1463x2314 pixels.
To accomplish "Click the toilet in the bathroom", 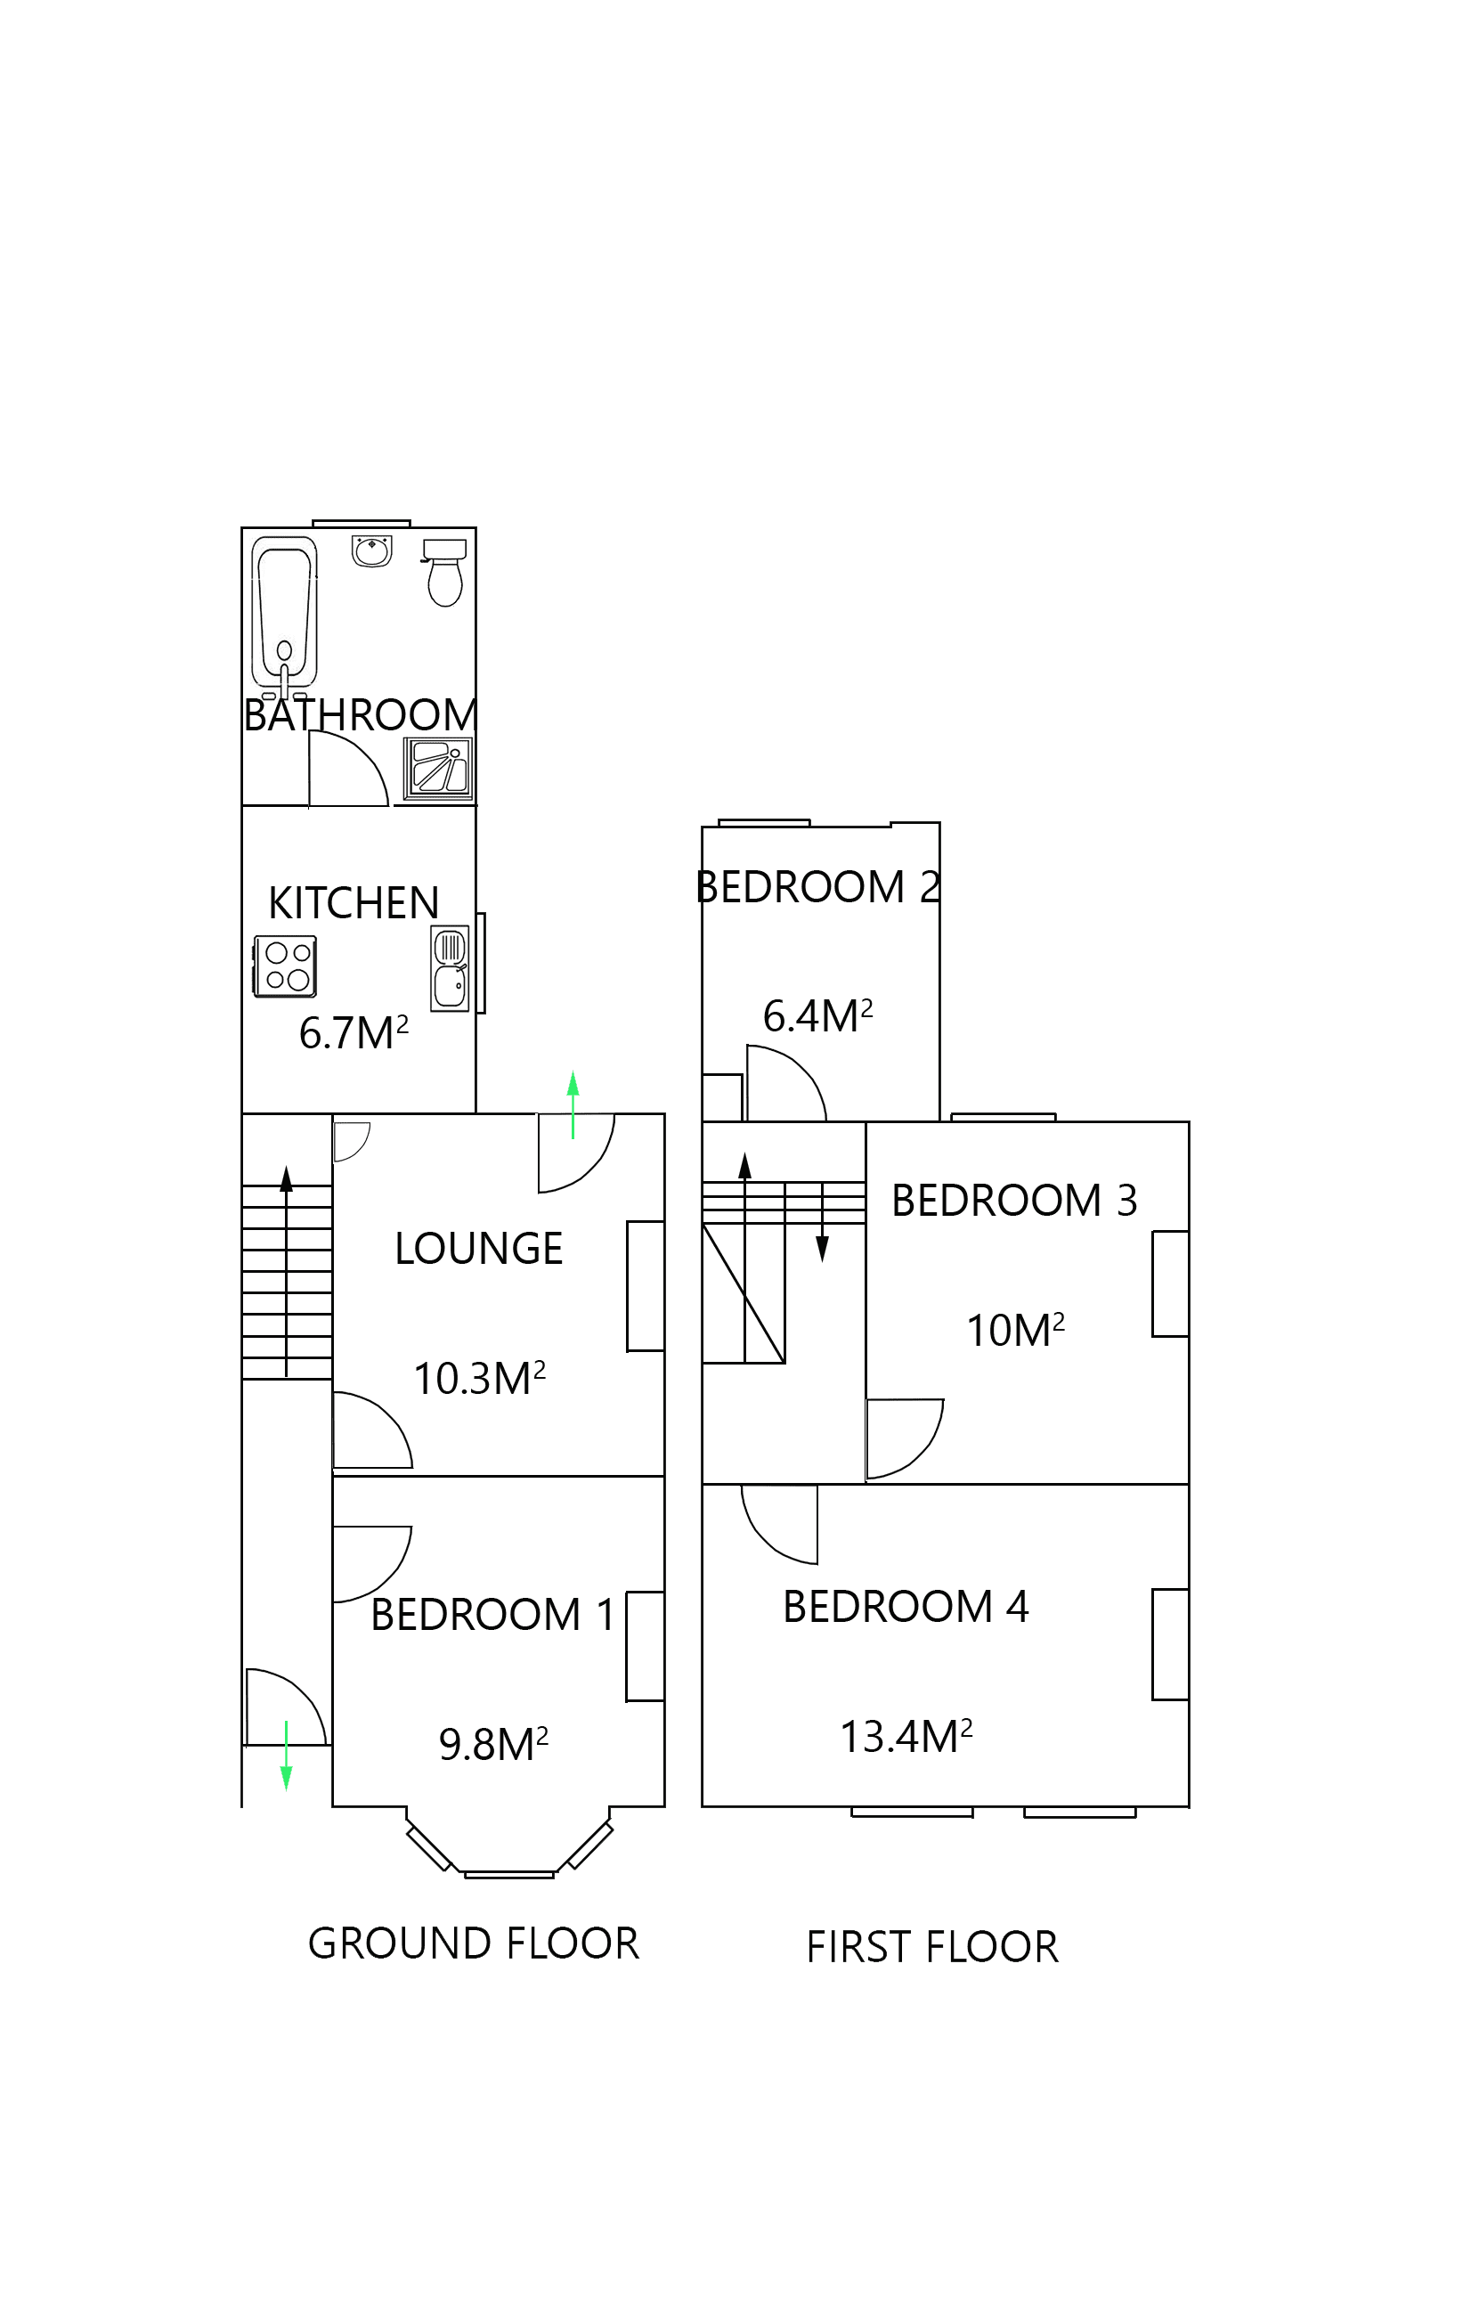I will click(x=444, y=574).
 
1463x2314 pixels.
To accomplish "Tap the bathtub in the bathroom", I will click(x=284, y=613).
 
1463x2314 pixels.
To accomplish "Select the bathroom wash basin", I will click(x=371, y=551).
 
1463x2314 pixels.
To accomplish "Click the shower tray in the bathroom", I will click(x=439, y=769).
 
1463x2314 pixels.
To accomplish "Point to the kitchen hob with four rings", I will click(x=286, y=966).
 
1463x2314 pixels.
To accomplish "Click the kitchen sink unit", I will click(x=451, y=967).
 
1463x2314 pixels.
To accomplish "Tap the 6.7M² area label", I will click(x=354, y=1034).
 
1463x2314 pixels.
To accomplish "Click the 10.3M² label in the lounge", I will click(x=479, y=1379).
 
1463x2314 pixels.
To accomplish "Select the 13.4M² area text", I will click(x=906, y=1738).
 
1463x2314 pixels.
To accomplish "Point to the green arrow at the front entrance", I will click(x=286, y=1756).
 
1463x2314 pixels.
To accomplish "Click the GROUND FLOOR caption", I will click(x=473, y=1944).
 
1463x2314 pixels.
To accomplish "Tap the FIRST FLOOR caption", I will click(x=931, y=1948).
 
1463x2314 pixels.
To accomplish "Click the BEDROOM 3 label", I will click(x=1013, y=1202).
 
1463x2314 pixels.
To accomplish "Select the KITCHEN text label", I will click(x=354, y=903).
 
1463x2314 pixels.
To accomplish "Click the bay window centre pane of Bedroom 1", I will click(x=509, y=1874).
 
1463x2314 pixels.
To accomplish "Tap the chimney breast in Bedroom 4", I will click(x=1170, y=1644).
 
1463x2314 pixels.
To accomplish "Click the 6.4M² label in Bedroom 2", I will click(x=817, y=1016).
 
